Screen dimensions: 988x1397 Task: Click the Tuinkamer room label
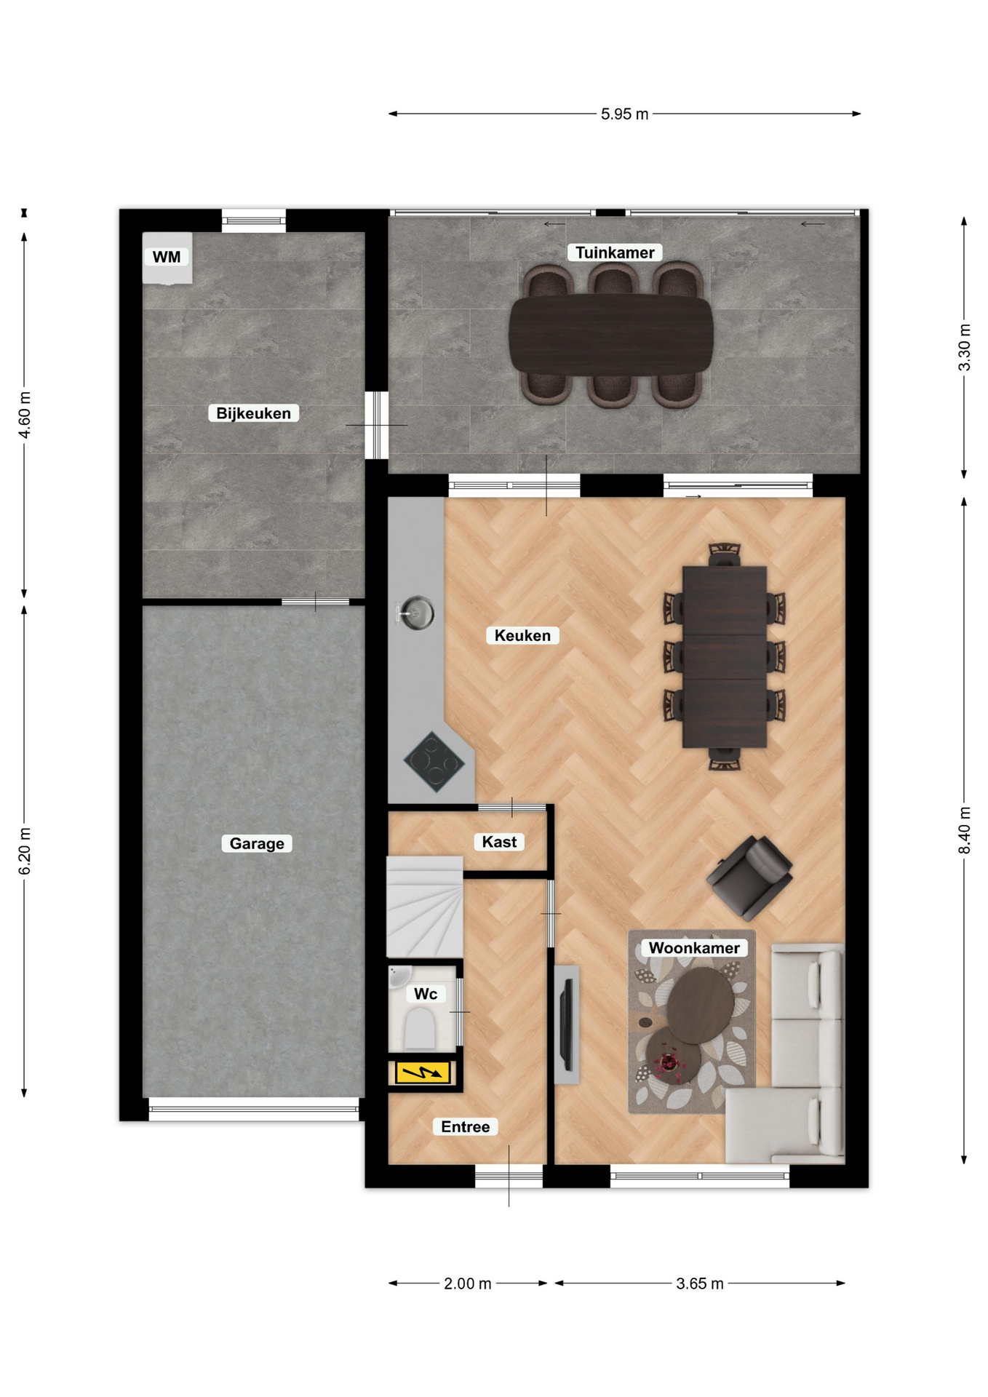(615, 252)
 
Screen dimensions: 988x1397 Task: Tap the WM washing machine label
(167, 257)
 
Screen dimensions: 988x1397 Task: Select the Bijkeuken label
(253, 413)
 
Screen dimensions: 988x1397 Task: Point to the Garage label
(257, 843)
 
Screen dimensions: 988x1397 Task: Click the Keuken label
(522, 635)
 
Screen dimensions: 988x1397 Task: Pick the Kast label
(499, 842)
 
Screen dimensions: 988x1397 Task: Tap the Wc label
(426, 994)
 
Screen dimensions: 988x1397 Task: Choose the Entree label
(466, 1126)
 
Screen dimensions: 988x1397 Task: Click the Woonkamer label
(694, 947)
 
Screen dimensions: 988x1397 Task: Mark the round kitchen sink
(416, 613)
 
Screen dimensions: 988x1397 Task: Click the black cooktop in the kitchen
(434, 762)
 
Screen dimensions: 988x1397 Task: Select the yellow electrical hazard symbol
(423, 1072)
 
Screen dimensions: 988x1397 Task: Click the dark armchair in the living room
(749, 877)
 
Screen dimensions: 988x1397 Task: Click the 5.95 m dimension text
(624, 114)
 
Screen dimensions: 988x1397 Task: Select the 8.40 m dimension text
(965, 830)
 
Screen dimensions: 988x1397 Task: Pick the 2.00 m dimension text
(468, 1283)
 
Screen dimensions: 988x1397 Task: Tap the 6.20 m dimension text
(25, 851)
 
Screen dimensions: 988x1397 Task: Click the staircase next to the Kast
(424, 907)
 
